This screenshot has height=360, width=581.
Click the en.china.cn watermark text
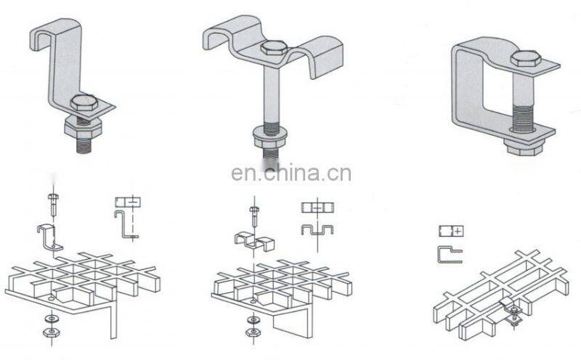click(290, 173)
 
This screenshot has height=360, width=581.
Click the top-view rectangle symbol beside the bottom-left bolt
click(127, 201)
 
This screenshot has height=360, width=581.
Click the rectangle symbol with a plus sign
click(450, 232)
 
